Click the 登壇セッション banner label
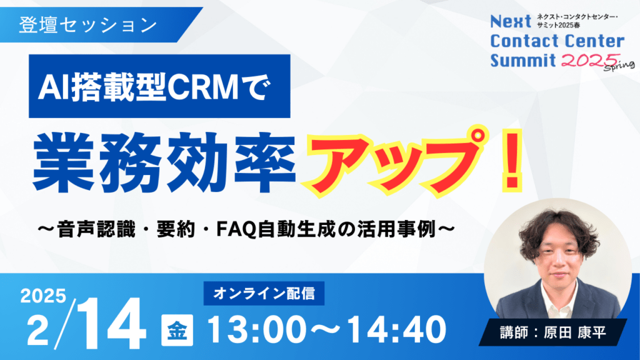coord(88,25)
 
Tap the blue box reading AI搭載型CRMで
coord(159,86)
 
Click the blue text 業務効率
coord(164,162)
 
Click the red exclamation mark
coord(513,161)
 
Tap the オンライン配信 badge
coord(264,294)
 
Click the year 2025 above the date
coord(43,296)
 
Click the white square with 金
coord(177,331)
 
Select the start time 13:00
coord(257,330)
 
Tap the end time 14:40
coord(397,330)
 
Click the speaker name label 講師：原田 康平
coord(553,332)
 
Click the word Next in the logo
coord(511,21)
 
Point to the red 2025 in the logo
coord(591,61)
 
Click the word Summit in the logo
coord(523,61)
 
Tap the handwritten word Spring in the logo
coord(619,66)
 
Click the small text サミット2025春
coord(558,25)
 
